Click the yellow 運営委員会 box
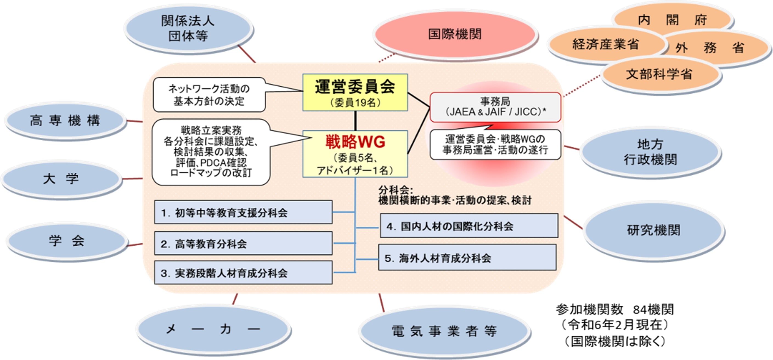(355, 92)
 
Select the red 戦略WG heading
(355, 141)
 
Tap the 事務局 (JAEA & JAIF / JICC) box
(495, 107)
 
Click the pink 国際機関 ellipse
(455, 34)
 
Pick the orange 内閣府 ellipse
(672, 19)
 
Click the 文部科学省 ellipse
(659, 74)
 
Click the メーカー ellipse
(213, 329)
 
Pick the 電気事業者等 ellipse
(444, 331)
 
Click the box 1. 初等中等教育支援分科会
(243, 212)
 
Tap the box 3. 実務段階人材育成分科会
(243, 273)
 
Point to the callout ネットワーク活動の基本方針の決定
(209, 95)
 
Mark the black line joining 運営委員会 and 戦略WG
(356, 121)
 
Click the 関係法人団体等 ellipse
(188, 29)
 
